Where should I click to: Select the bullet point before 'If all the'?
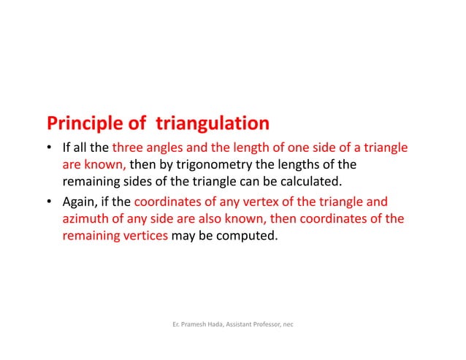[x=50, y=148]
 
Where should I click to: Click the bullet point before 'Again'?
[x=50, y=202]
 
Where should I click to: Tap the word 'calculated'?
[x=310, y=183]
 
